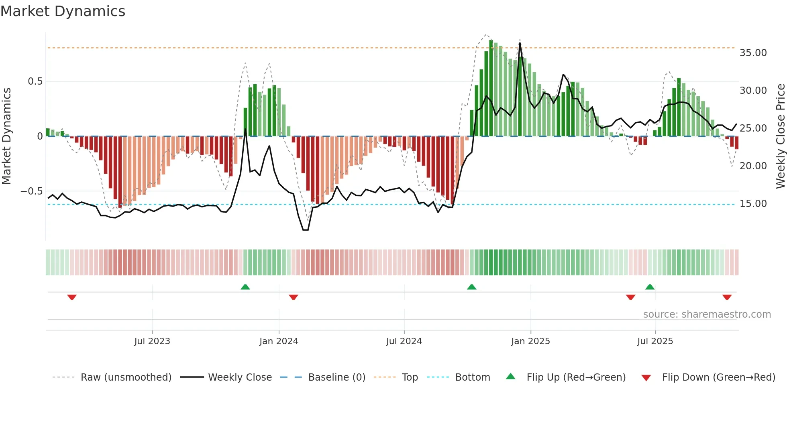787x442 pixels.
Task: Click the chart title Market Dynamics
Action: (63, 11)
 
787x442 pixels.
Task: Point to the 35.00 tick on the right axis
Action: (753, 53)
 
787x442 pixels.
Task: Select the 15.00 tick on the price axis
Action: (753, 204)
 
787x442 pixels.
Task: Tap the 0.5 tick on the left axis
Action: (35, 81)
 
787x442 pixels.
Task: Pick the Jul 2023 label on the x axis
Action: (152, 341)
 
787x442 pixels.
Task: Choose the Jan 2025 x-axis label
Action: (530, 341)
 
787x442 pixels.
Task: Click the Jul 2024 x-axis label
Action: (404, 341)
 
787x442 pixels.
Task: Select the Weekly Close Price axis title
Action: (780, 136)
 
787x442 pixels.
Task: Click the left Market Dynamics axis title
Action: (6, 136)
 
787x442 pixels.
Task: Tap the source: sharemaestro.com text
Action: (707, 314)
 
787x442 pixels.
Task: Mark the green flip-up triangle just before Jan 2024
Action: (245, 287)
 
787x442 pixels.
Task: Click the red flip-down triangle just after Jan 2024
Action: (294, 297)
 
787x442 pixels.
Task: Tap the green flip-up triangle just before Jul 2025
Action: (650, 287)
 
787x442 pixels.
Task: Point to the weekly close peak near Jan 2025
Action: (520, 43)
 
